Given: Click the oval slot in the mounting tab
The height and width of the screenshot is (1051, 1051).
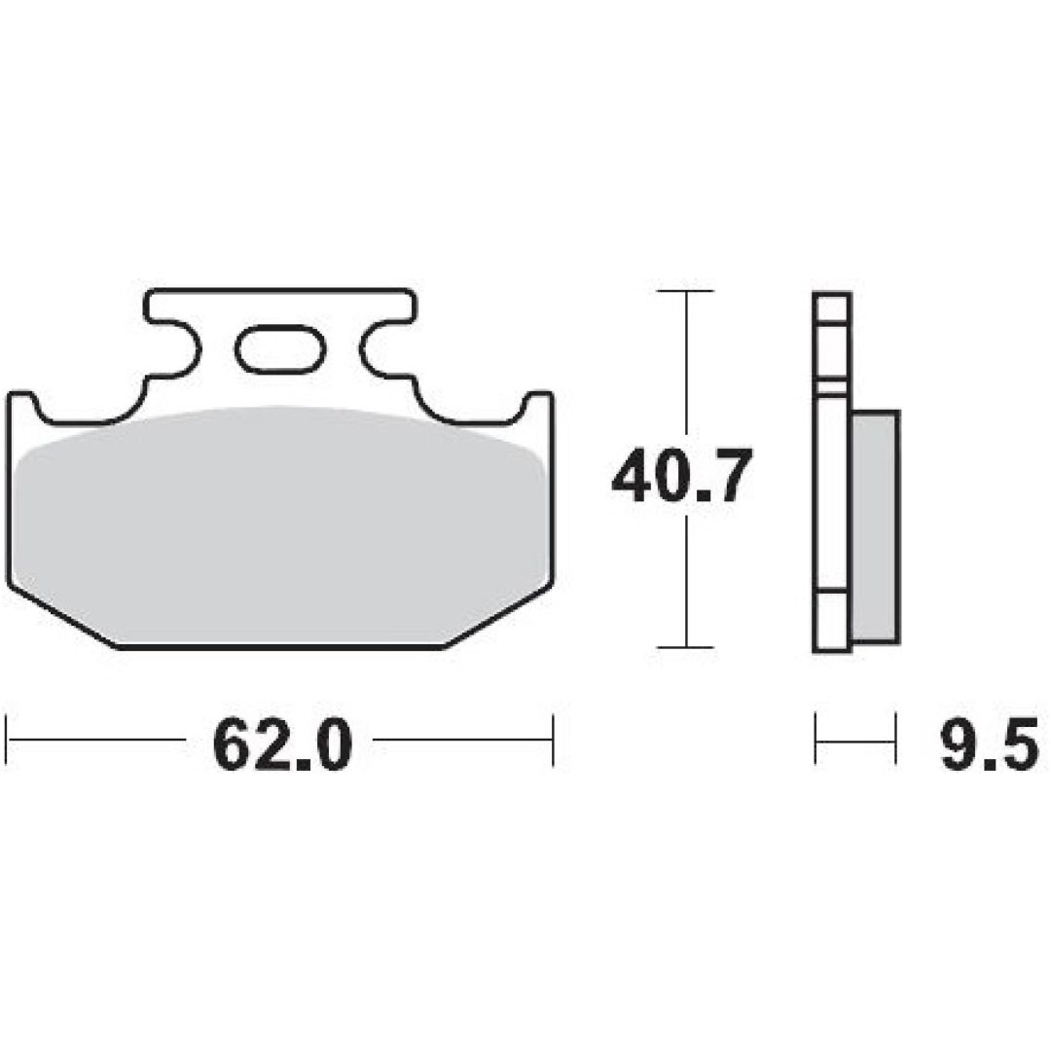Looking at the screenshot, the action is (280, 347).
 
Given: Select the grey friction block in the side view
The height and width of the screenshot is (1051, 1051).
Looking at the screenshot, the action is (875, 526).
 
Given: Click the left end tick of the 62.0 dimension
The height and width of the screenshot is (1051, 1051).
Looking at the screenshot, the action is (7, 740).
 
